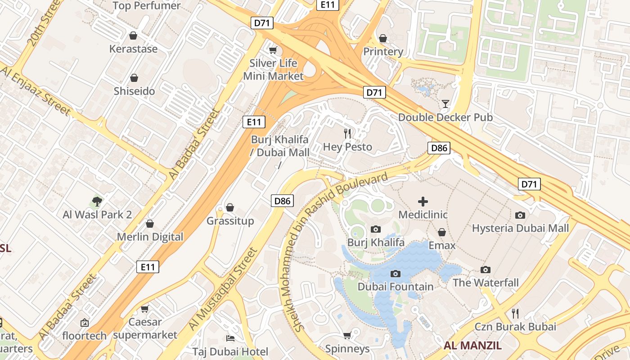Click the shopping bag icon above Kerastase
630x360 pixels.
[x=133, y=36]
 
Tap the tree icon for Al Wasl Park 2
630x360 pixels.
[x=97, y=201]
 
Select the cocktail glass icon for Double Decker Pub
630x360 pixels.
[x=445, y=104]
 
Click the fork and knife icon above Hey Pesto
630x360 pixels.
[x=347, y=133]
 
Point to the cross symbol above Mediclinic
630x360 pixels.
[x=423, y=201]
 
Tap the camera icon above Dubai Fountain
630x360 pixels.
[x=396, y=274]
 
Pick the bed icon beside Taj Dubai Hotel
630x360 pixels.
[x=230, y=338]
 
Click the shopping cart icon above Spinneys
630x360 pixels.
[x=347, y=335]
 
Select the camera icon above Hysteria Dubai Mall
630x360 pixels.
[x=520, y=215]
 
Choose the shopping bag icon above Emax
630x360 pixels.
[x=442, y=232]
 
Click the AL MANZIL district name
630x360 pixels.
[x=472, y=346]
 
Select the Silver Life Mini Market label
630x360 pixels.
[x=274, y=69]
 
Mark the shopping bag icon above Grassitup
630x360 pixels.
[x=230, y=207]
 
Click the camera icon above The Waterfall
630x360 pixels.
[x=486, y=270]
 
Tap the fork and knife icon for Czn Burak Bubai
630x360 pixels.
[x=515, y=313]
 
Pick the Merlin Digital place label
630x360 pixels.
[x=150, y=237]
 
